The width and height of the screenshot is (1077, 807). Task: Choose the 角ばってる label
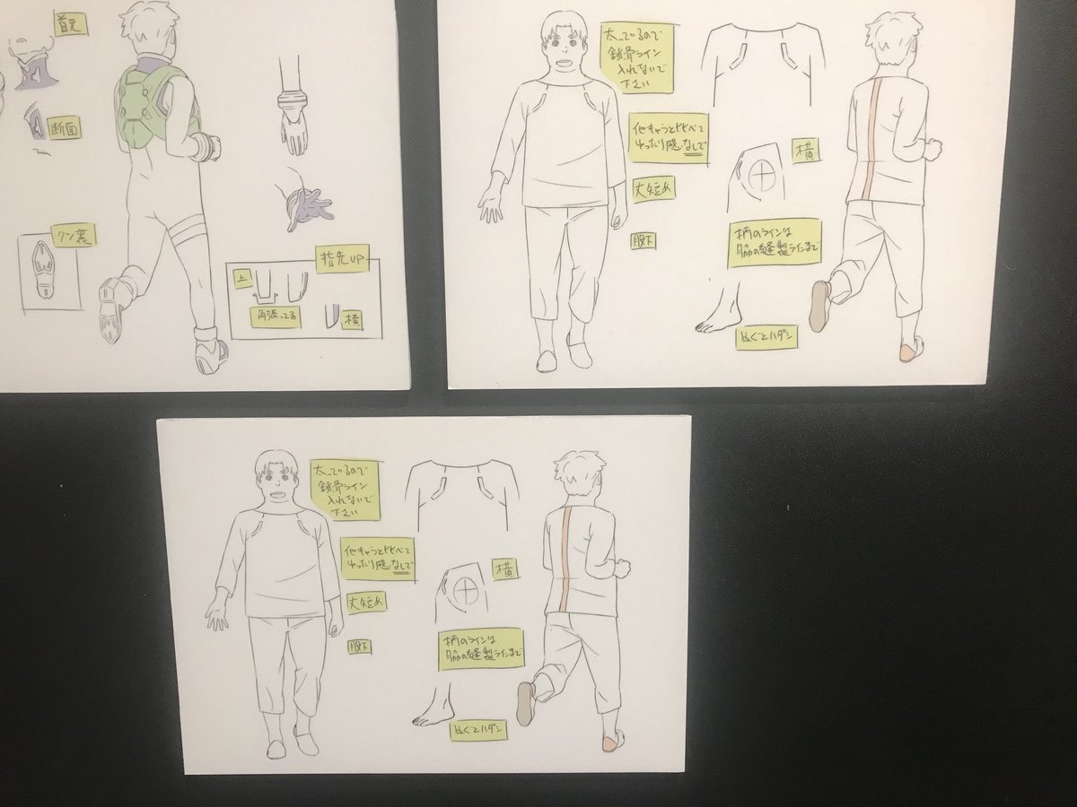276,317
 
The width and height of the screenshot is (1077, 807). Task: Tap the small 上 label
241,279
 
